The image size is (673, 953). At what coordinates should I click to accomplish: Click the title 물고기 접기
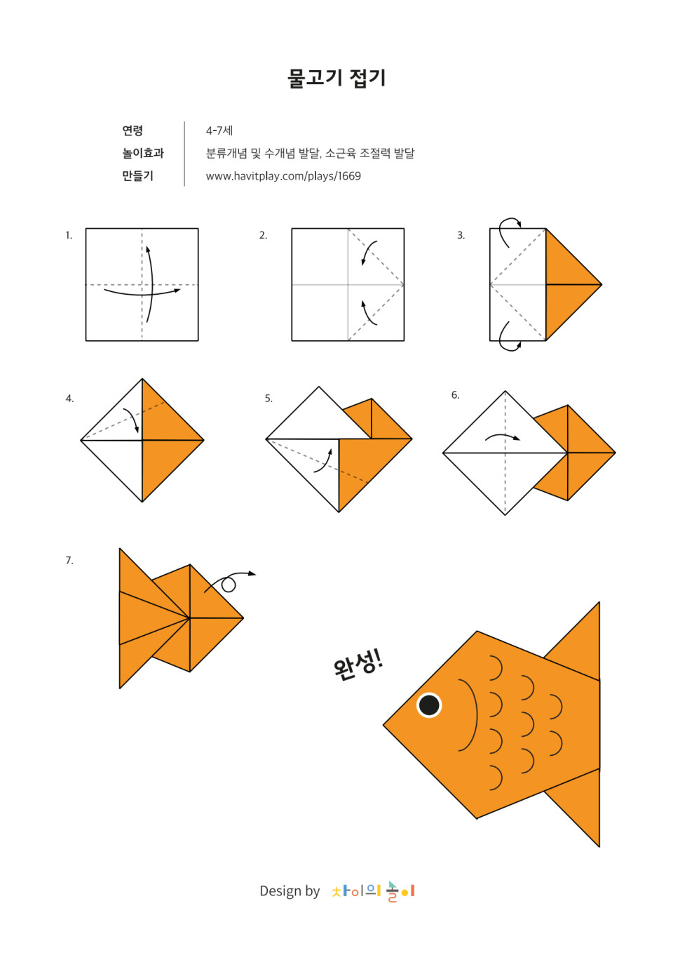tap(336, 79)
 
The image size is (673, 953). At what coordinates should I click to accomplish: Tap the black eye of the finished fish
tap(429, 705)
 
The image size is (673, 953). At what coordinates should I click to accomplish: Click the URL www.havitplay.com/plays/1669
tap(283, 176)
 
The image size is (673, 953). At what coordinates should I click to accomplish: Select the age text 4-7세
tap(219, 131)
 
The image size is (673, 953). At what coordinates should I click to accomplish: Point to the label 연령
tap(132, 131)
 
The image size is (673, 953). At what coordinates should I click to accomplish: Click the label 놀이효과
tap(143, 153)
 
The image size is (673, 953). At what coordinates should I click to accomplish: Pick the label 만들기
tap(137, 175)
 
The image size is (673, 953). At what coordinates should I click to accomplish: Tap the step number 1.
tap(69, 235)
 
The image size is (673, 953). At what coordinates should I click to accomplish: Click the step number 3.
tap(461, 235)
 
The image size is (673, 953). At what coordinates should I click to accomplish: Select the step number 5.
tap(268, 399)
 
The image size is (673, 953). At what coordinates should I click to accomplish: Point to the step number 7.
tap(69, 560)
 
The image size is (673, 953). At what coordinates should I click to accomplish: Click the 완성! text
tap(358, 666)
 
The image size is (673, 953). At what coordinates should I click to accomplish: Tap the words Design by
tap(290, 891)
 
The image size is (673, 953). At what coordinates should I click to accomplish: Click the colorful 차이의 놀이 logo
tap(373, 891)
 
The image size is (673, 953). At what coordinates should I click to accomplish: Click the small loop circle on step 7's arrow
tap(229, 586)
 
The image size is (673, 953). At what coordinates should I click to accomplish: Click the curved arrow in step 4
tap(133, 419)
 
